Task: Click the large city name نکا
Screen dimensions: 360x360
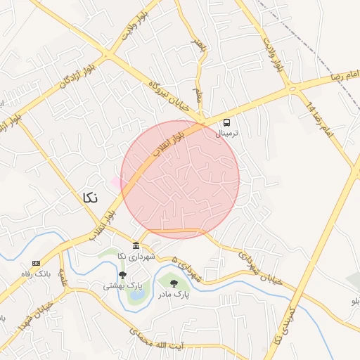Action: click(89, 198)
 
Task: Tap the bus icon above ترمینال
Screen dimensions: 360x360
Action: click(226, 121)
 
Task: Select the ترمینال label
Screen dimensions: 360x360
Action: click(227, 132)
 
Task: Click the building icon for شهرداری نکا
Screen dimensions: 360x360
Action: click(136, 245)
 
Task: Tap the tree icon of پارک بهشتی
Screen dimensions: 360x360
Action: click(122, 275)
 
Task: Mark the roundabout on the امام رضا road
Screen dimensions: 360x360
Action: click(290, 88)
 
